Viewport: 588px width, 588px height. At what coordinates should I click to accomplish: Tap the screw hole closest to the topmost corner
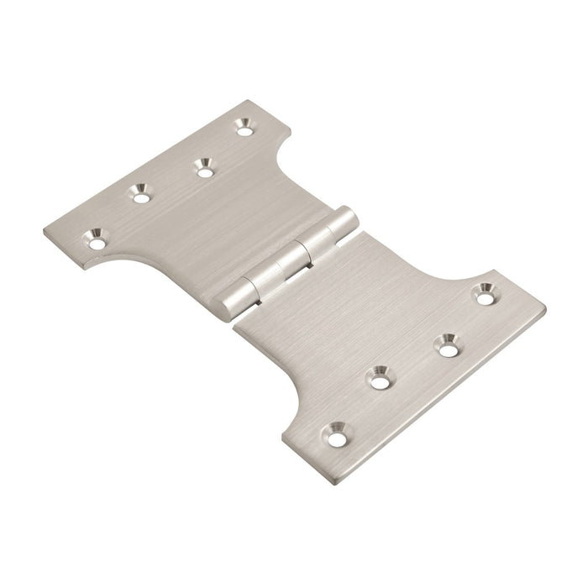[244, 129]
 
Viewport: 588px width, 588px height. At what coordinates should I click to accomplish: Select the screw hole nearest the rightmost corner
[483, 295]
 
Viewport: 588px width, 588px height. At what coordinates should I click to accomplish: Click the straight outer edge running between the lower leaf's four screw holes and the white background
[445, 402]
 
